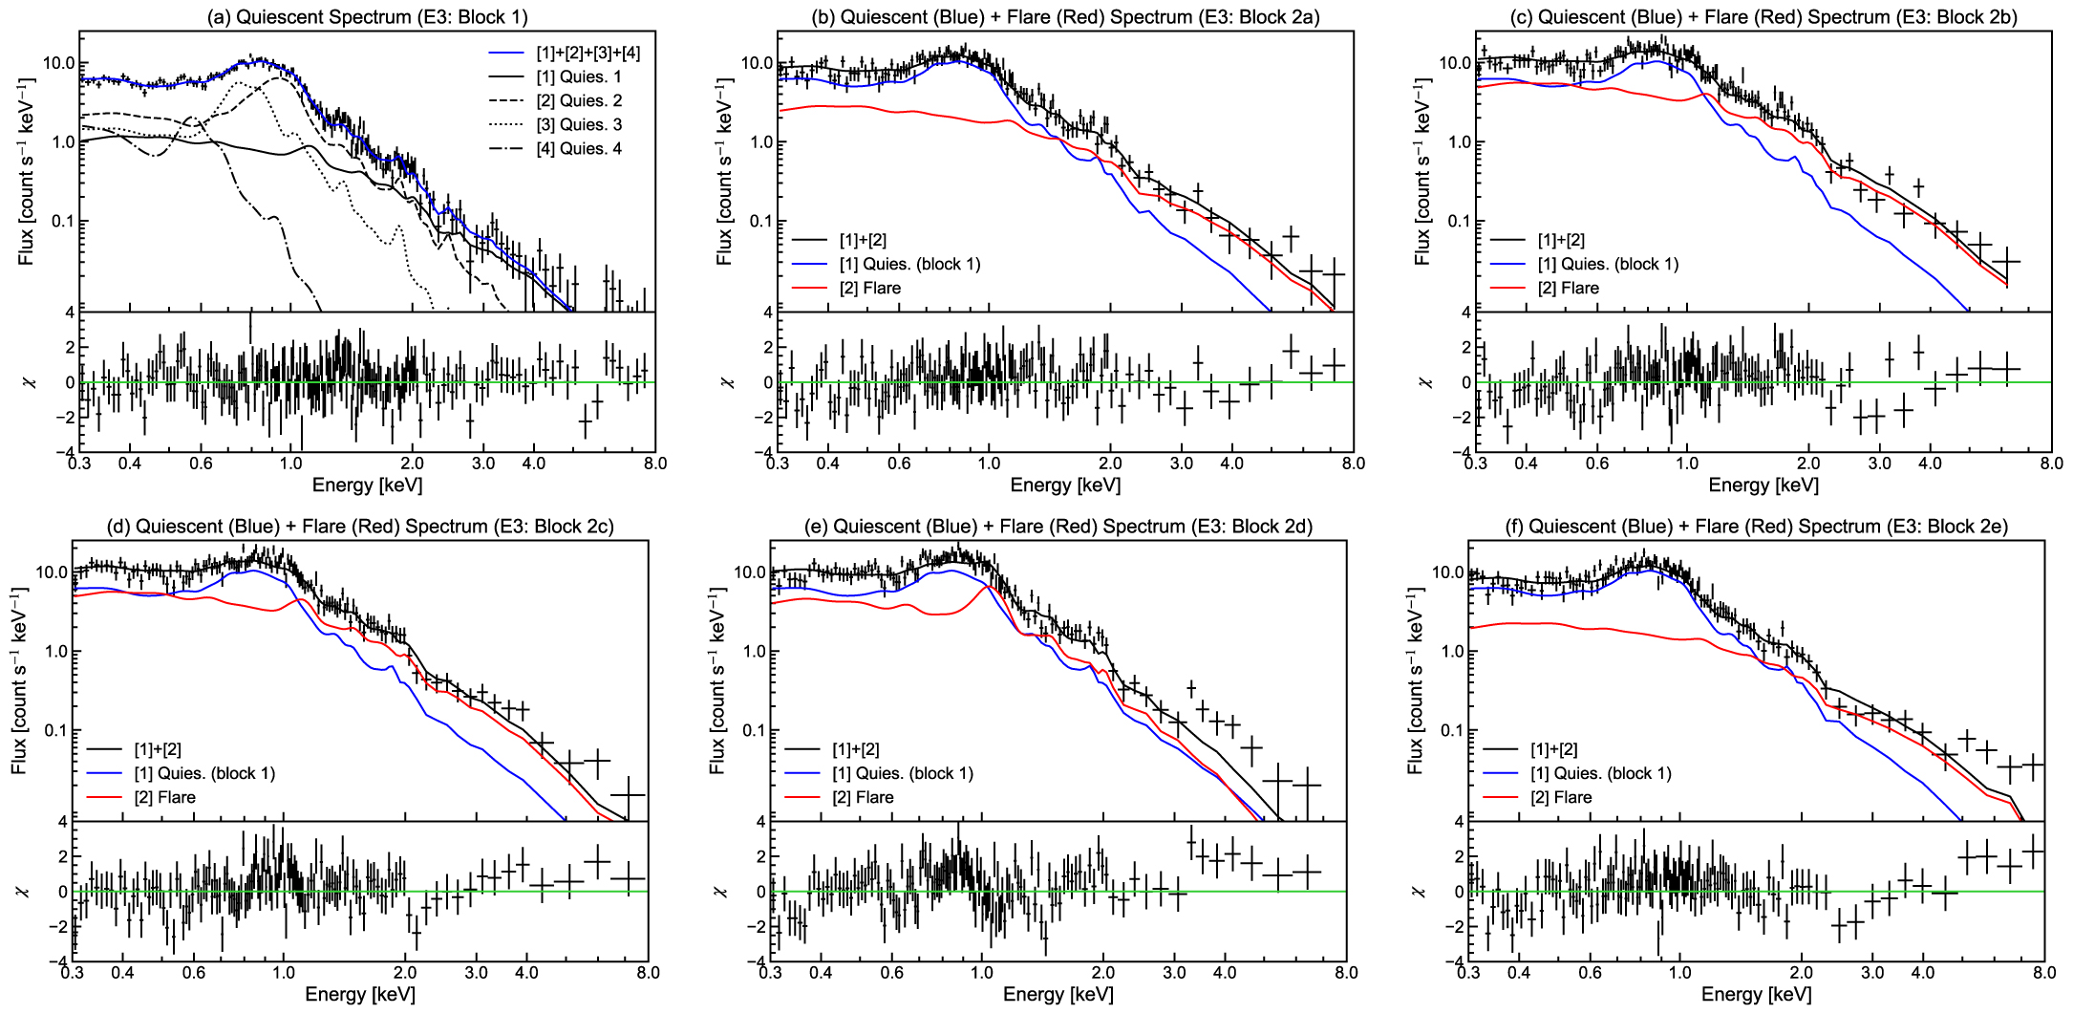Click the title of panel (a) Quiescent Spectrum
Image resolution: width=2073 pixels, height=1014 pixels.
(x=367, y=17)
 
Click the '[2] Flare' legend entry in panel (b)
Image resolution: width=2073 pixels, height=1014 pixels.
(x=869, y=288)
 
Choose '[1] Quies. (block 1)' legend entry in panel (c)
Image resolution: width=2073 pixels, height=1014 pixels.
(x=1608, y=264)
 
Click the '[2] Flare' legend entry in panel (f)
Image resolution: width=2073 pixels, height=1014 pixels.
(x=1561, y=797)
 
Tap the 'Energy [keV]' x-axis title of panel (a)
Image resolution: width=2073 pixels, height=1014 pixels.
(x=367, y=485)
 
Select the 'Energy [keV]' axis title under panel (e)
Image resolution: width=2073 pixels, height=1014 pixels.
(x=1058, y=994)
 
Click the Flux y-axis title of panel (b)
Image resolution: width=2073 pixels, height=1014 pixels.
(x=725, y=172)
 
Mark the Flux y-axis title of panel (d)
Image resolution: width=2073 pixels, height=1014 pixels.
(x=19, y=680)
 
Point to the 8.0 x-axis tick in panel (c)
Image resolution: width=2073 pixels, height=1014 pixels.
(x=2051, y=464)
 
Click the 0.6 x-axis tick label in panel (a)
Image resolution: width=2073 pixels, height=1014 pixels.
(x=201, y=464)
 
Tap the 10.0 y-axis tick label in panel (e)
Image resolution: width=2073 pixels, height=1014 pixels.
(x=750, y=572)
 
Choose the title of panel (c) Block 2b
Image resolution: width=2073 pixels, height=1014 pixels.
(x=1763, y=17)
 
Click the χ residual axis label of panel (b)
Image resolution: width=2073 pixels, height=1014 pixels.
(x=727, y=382)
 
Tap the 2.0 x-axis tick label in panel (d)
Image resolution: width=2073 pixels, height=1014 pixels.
(x=405, y=973)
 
